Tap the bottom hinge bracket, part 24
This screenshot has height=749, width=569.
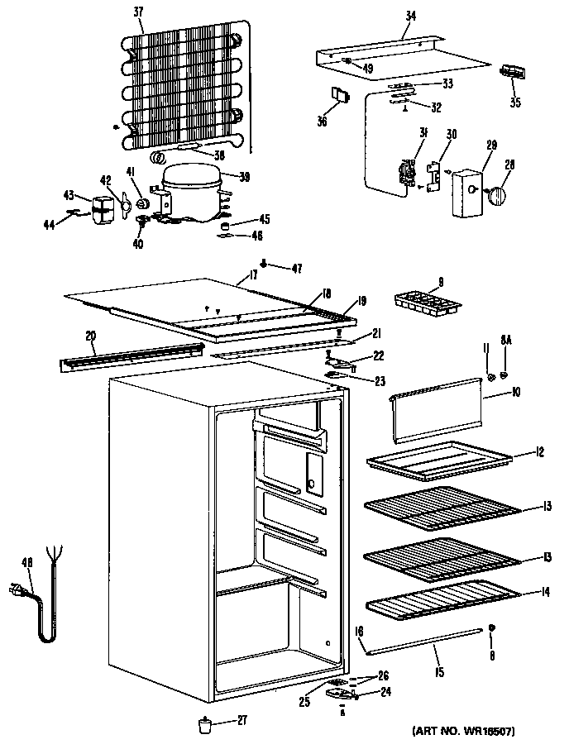(x=339, y=690)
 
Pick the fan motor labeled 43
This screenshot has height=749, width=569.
(x=103, y=208)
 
